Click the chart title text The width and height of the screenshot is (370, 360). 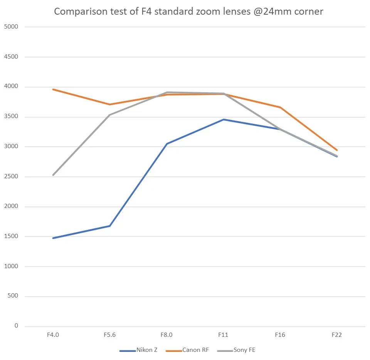coord(188,11)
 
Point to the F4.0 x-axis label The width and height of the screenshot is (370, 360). coord(53,335)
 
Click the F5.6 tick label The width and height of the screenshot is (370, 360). coord(109,335)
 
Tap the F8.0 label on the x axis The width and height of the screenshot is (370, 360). coord(166,335)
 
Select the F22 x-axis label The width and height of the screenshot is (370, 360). coord(337,335)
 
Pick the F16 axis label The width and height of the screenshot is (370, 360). coord(280,335)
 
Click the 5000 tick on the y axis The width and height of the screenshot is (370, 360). coord(11,27)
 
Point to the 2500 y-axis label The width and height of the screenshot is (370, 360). coord(11,177)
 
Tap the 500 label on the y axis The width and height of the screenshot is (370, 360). coord(13,296)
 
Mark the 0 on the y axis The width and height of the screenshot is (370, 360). coord(16,326)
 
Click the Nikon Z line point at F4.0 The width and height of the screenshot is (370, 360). coord(53,238)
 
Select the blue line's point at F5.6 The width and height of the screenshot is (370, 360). coord(110,226)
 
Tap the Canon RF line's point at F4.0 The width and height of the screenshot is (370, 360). coord(53,89)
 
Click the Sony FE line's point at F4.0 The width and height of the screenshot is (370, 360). coord(53,175)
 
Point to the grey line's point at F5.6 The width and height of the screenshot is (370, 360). coord(110,115)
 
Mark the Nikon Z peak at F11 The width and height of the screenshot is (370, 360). coord(224,119)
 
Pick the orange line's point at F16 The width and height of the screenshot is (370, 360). coord(280,107)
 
